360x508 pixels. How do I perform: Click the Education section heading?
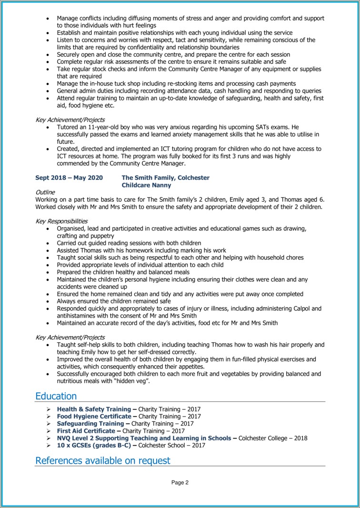tap(56, 396)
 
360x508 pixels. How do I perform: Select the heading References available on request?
tap(102, 460)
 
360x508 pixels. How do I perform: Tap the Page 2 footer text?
tap(180, 482)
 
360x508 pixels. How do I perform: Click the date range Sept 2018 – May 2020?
tap(69, 178)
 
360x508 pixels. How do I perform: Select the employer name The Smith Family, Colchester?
tap(165, 178)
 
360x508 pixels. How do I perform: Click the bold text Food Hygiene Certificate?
tap(94, 417)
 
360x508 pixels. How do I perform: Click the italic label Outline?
tap(45, 192)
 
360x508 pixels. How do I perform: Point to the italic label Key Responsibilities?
tap(61, 221)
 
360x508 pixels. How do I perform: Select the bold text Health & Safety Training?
tap(94, 409)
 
